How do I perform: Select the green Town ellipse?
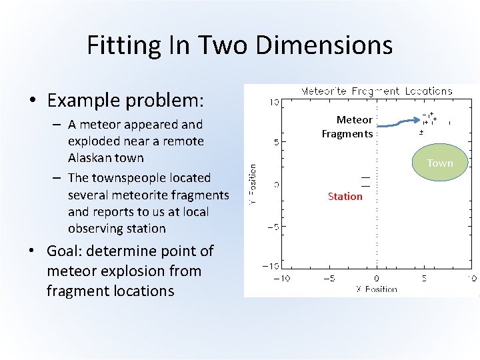(439, 163)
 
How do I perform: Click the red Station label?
(345, 196)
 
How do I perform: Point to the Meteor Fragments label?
(347, 127)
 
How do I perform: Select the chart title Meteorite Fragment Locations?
(377, 91)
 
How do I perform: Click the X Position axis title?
(376, 289)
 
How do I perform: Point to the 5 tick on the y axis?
(274, 142)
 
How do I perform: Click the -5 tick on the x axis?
(329, 279)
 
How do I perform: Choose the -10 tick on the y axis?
(271, 267)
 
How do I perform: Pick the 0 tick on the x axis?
(376, 279)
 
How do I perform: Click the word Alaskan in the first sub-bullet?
(91, 158)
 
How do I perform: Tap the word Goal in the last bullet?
(63, 251)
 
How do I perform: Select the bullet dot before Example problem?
(33, 101)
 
